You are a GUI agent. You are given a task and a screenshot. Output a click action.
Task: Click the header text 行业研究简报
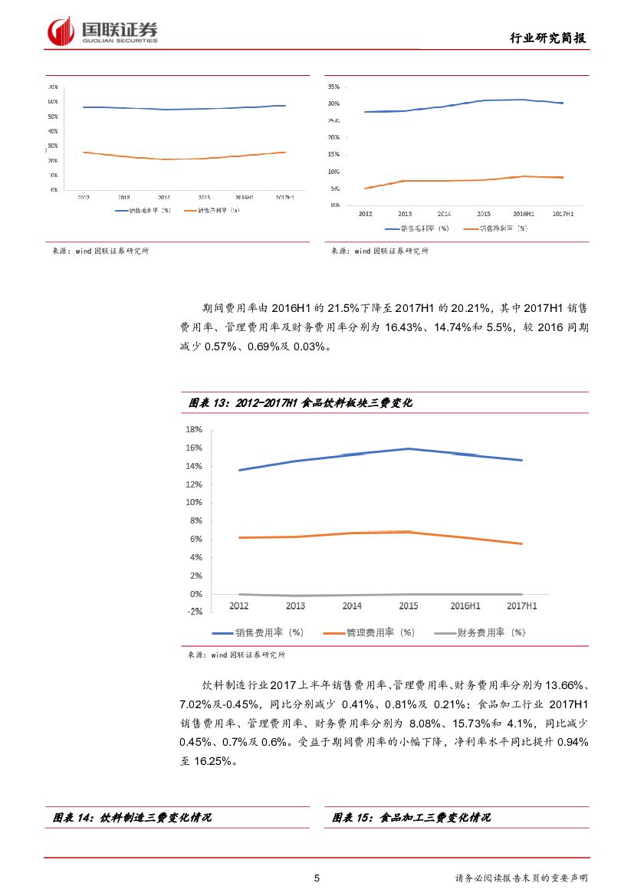(548, 38)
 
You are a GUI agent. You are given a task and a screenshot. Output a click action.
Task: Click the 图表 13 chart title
(301, 402)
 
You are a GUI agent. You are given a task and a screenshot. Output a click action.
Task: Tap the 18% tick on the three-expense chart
(193, 429)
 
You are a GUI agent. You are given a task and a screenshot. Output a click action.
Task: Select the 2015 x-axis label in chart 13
(409, 606)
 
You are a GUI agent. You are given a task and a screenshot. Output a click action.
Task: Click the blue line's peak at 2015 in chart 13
(409, 448)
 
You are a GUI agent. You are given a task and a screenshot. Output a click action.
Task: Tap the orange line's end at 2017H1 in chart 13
(522, 543)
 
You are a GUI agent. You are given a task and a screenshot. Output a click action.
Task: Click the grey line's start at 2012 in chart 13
(239, 594)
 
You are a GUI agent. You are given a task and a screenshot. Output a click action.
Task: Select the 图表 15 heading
(412, 818)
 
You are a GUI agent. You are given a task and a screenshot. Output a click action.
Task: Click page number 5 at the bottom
(317, 878)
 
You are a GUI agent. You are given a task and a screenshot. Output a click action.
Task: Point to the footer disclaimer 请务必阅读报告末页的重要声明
(521, 878)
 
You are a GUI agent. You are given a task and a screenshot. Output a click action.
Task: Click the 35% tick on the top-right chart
(333, 87)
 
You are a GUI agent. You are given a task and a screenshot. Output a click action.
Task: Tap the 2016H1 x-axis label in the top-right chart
(522, 214)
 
